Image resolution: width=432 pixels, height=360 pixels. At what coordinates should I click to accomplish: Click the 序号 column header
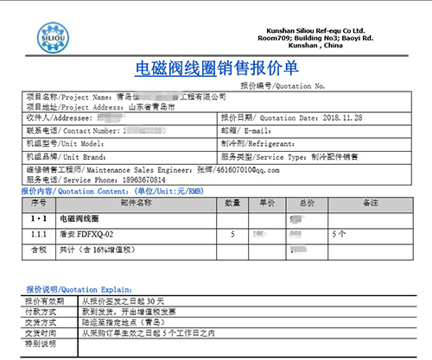[36, 202]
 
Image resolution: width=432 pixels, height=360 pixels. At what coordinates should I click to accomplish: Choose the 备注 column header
[372, 202]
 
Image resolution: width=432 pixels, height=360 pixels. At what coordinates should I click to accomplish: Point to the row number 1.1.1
[38, 234]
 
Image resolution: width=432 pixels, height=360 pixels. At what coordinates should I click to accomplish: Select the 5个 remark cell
[339, 234]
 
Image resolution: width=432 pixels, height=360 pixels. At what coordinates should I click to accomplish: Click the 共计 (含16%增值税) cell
[103, 249]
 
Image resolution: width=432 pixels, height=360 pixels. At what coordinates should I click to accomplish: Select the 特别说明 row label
[40, 343]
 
